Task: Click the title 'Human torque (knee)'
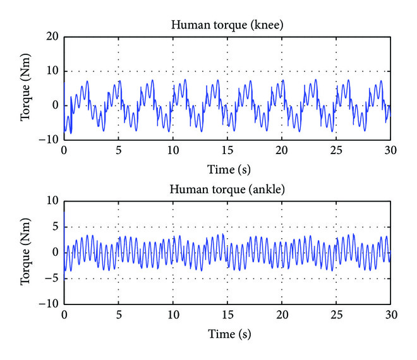coord(227,26)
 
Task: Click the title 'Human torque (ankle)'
coord(227,190)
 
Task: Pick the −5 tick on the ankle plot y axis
coord(51,278)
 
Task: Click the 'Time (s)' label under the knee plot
coord(227,169)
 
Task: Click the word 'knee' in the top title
coord(257,26)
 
